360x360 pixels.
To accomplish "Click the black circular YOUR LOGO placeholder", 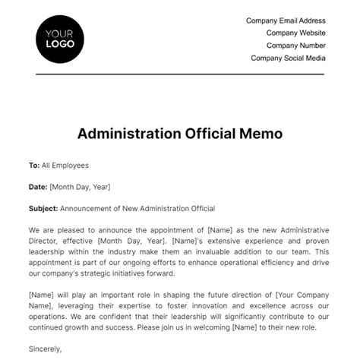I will pyautogui.click(x=60, y=38).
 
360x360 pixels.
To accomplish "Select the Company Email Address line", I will pyautogui.click(x=286, y=21).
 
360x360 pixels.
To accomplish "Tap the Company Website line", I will pyautogui.click(x=295, y=33).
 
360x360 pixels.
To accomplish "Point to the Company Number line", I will pyautogui.click(x=295, y=46).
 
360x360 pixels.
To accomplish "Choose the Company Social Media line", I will pyautogui.click(x=289, y=58).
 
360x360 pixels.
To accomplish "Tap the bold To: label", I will pyautogui.click(x=34, y=165).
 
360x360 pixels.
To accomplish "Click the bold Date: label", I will pyautogui.click(x=38, y=186).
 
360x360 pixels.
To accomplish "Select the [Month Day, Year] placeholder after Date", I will pyautogui.click(x=81, y=186).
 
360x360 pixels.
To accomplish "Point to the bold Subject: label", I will pyautogui.click(x=43, y=208).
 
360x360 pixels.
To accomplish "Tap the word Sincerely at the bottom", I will pyautogui.click(x=46, y=349).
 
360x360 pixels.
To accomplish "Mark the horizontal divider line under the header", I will pyautogui.click(x=180, y=74).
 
